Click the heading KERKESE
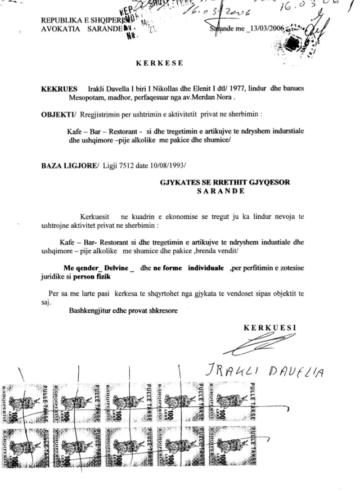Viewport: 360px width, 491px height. [x=159, y=62]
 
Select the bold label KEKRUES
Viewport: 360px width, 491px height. [x=57, y=89]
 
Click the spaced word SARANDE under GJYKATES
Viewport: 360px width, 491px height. [x=220, y=191]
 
